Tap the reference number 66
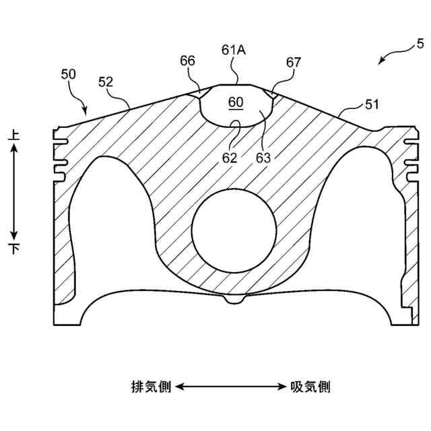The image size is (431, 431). pyautogui.click(x=187, y=61)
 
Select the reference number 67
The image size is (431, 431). pyautogui.click(x=294, y=63)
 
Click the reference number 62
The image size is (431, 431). pyautogui.click(x=230, y=158)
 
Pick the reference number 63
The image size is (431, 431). pyautogui.click(x=263, y=158)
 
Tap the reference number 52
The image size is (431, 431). pyautogui.click(x=106, y=81)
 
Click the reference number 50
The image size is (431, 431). pyautogui.click(x=69, y=74)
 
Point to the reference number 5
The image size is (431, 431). pyautogui.click(x=420, y=45)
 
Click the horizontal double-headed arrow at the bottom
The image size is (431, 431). pyautogui.click(x=231, y=387)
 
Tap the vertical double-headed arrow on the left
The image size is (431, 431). pyautogui.click(x=14, y=193)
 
